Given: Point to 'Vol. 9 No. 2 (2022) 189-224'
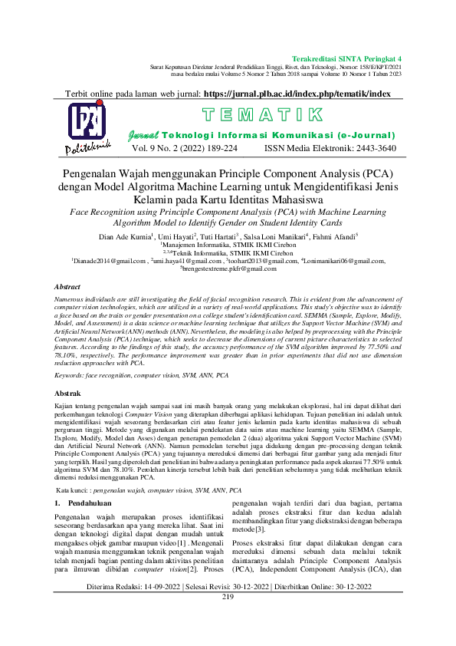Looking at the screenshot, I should click(x=185, y=148).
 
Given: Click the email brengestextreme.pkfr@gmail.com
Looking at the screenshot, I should click(x=228, y=269).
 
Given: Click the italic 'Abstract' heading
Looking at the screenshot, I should click(x=67, y=286).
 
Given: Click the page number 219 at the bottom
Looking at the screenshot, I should click(x=228, y=618).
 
